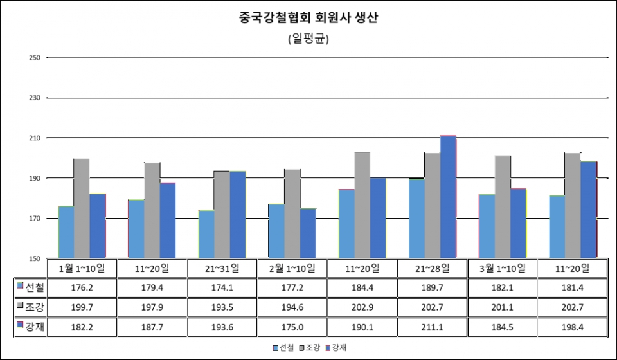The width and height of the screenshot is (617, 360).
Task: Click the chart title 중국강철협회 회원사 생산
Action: tap(308, 18)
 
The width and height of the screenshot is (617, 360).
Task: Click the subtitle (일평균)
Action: tap(308, 39)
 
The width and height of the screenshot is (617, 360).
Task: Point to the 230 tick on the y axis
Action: tap(35, 98)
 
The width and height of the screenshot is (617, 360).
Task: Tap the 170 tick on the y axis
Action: tap(35, 219)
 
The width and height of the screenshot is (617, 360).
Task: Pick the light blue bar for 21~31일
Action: tap(206, 234)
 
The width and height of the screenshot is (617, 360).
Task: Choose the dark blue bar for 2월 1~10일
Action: tap(307, 233)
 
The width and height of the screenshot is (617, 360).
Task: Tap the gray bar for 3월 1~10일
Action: tap(503, 206)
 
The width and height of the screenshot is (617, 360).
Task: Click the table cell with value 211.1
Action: tap(433, 327)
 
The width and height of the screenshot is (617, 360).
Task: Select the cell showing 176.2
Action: tap(82, 287)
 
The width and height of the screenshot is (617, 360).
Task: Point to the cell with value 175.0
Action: tap(293, 327)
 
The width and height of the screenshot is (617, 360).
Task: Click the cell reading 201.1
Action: tap(503, 307)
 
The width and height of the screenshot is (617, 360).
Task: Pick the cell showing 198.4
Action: tap(572, 327)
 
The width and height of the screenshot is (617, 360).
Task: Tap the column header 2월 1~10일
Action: tap(292, 267)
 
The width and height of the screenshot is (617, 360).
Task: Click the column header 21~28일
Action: tap(433, 267)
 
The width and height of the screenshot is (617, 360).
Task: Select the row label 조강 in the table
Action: tap(31, 306)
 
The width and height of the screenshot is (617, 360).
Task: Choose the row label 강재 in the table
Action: tap(31, 327)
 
